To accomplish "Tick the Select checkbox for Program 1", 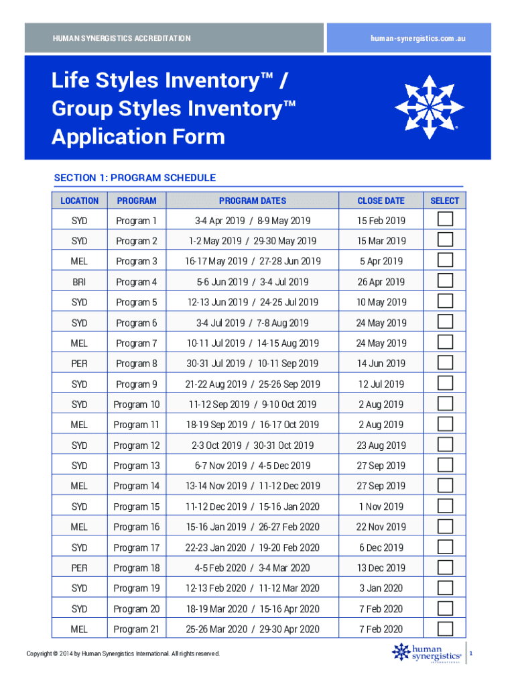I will pos(444,219).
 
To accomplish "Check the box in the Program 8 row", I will pos(444,363).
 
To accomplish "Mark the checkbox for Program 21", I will pos(444,629).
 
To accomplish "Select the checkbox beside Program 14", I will pos(444,485).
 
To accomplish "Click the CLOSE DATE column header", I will pos(381,201).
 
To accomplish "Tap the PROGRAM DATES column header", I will pos(252,201).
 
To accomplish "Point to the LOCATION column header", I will pos(79,201).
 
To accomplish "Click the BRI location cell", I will pos(79,282).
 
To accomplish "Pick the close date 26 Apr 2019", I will pos(381,282).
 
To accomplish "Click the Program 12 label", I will pos(137,445).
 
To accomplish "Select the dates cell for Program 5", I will pos(253,303).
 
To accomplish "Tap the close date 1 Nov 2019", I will pos(381,507).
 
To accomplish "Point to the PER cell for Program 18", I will pos(79,568).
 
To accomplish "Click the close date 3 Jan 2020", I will pos(381,588).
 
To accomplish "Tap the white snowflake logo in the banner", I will pos(429,106).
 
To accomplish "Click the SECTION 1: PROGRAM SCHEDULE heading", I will pos(135,178).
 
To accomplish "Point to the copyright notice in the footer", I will pos(123,654).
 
